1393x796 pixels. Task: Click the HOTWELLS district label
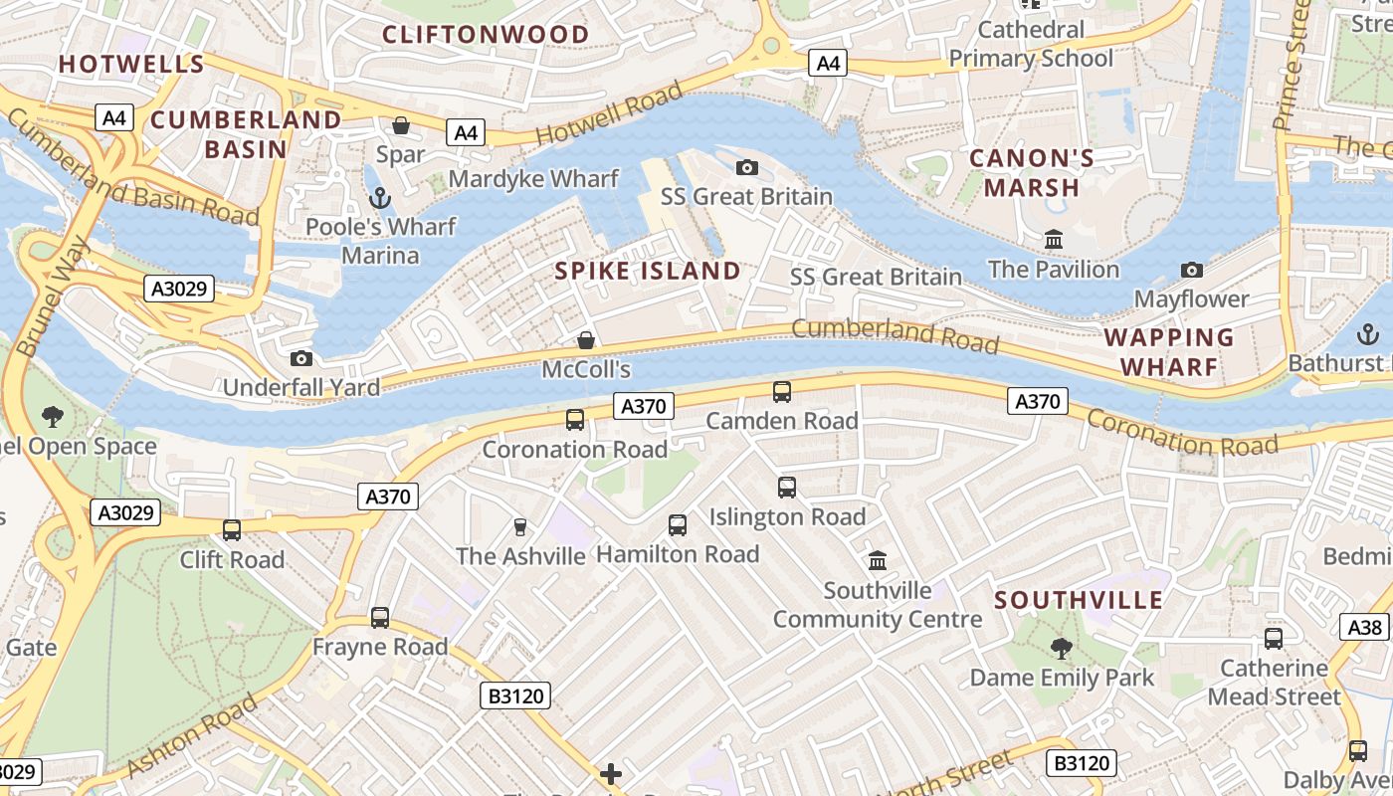pos(131,65)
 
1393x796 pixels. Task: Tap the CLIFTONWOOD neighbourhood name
pos(486,35)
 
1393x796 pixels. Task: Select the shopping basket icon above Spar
pos(401,125)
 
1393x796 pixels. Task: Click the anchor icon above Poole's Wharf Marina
pos(378,198)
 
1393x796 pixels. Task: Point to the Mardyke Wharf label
pos(533,179)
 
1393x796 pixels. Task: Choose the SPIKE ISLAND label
pos(648,271)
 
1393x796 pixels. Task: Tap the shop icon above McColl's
pos(587,340)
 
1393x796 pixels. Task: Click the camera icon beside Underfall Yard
pos(300,358)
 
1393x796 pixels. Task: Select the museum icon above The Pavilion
pos(1054,240)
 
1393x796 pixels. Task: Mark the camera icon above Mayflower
pos(1191,270)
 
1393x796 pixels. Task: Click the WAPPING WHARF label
pos(1169,351)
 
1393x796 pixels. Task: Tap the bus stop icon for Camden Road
pos(782,392)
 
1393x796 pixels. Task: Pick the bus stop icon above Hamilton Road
pos(678,524)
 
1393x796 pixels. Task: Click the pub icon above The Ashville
pos(519,526)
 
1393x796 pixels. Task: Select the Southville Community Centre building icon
pos(878,560)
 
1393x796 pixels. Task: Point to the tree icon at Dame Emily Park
pos(1062,649)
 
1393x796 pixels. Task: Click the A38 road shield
pos(1365,627)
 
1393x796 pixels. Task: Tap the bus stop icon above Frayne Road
pos(380,618)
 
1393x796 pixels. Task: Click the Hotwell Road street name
pos(609,113)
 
